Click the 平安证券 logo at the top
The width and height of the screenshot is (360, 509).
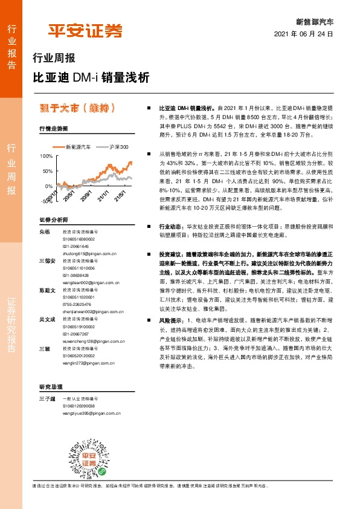pyautogui.click(x=85, y=30)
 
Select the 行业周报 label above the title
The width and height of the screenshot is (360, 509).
pyautogui.click(x=54, y=59)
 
